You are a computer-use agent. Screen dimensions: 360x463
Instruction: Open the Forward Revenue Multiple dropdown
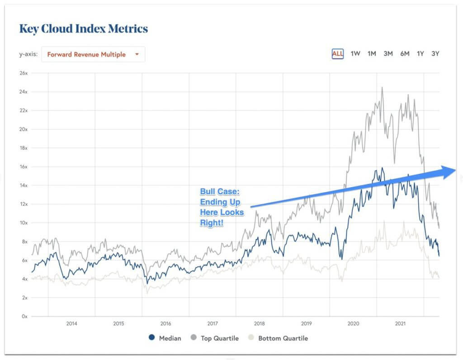[93, 54]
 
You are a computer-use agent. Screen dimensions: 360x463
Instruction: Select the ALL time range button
[338, 53]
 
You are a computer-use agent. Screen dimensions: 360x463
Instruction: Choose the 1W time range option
[355, 53]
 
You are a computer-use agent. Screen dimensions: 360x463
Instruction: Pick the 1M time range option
[372, 53]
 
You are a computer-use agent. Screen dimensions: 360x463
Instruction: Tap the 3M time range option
[388, 53]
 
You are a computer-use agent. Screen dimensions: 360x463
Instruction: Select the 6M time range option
[404, 53]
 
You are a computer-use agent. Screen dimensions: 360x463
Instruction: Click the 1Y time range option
[420, 53]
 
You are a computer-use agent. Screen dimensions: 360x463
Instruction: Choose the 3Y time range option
[435, 53]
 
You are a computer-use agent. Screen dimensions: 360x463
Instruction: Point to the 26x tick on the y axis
[24, 73]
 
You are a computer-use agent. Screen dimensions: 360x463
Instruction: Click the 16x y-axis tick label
[24, 166]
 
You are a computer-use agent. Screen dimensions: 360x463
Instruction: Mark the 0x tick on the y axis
[25, 316]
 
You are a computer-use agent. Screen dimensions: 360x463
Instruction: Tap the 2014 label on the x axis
[71, 323]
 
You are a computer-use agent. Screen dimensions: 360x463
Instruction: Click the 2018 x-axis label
[259, 323]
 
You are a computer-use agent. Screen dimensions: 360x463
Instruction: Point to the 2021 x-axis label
[400, 323]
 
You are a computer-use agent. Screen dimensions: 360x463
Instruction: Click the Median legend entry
[165, 338]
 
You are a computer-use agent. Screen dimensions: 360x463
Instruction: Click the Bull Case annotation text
[222, 207]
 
